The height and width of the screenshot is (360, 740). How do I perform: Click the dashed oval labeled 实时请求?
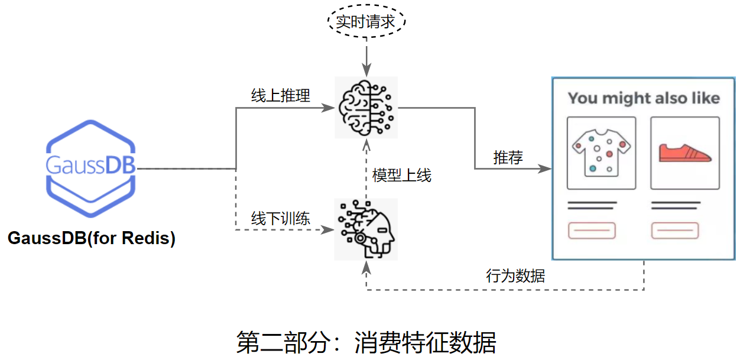[367, 22]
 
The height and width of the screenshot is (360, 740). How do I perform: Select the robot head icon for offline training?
[366, 229]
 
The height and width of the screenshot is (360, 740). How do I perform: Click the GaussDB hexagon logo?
[91, 168]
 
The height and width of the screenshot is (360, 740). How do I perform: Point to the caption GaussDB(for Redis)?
[91, 239]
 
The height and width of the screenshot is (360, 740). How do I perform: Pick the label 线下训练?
[281, 218]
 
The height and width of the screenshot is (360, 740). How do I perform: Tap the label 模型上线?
[402, 176]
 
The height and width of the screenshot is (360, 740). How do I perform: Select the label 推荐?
[508, 158]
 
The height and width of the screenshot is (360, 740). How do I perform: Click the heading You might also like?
[644, 98]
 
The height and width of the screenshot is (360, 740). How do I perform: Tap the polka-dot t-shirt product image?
[601, 153]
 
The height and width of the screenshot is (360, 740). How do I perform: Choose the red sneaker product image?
[685, 153]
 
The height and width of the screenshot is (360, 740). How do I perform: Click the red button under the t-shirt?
[592, 231]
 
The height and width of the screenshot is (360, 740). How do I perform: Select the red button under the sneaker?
[676, 231]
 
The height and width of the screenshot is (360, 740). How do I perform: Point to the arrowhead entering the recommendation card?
[545, 169]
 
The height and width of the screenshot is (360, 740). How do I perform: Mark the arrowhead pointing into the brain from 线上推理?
[328, 108]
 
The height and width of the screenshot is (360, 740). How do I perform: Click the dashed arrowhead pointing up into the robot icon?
[366, 267]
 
